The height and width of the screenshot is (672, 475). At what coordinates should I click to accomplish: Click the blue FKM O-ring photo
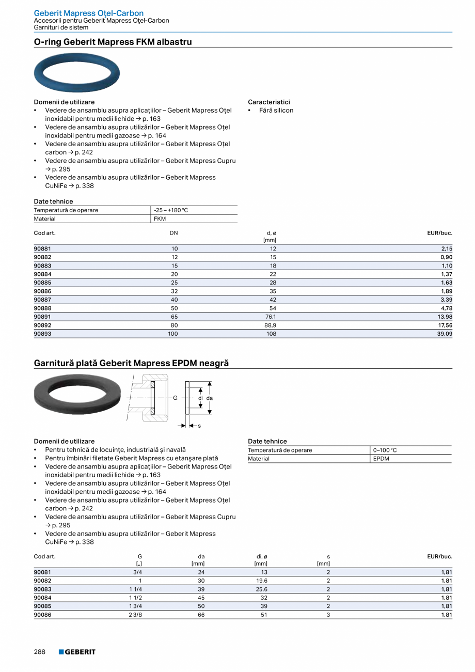[x=76, y=73]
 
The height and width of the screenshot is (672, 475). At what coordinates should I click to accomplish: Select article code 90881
[x=42, y=248]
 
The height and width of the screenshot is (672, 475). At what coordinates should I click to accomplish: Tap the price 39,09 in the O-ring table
[x=445, y=334]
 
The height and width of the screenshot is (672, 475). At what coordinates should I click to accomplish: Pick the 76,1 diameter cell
[x=270, y=317]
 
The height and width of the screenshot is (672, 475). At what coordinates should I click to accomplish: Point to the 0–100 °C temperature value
[x=385, y=450]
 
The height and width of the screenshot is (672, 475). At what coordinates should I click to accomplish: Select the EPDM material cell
[x=381, y=459]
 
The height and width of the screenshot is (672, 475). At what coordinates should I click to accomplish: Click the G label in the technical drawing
[x=175, y=398]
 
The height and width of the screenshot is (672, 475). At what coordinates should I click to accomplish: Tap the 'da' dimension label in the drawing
[x=210, y=398]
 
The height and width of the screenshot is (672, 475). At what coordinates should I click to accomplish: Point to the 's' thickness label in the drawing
[x=199, y=426]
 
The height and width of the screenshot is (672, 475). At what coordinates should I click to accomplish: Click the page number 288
[x=40, y=652]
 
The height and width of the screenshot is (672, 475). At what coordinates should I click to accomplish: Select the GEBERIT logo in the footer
[x=77, y=652]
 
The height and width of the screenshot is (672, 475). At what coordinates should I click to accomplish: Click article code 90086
[x=42, y=615]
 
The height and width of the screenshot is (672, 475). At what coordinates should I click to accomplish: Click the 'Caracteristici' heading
[x=268, y=102]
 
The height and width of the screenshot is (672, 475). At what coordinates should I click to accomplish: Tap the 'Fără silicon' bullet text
[x=276, y=111]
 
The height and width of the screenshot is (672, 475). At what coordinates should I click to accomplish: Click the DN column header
[x=173, y=233]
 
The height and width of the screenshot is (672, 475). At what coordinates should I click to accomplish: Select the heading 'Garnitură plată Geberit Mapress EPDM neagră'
[x=131, y=363]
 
